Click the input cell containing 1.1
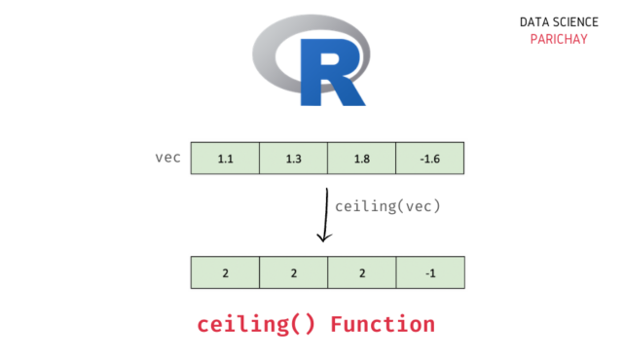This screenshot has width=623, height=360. click(x=225, y=158)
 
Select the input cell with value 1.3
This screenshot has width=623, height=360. click(x=293, y=158)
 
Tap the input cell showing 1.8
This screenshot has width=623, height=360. click(x=361, y=158)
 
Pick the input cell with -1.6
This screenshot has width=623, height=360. click(x=429, y=158)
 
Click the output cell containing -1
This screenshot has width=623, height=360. click(x=429, y=272)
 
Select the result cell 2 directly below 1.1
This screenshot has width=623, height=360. click(x=225, y=272)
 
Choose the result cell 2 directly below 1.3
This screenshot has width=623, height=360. click(x=293, y=272)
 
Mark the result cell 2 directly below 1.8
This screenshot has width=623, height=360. click(x=361, y=272)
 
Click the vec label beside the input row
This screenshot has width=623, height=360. click(x=167, y=157)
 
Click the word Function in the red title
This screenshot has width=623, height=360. click(x=382, y=323)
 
